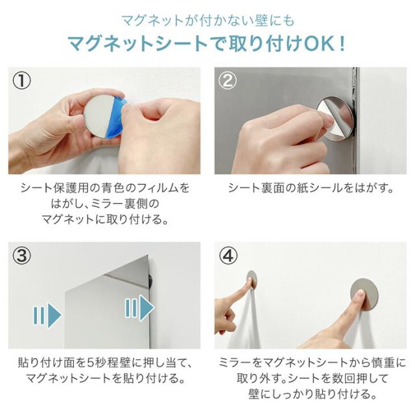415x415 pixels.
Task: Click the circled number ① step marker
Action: (x=21, y=80)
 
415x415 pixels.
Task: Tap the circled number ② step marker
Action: (x=228, y=80)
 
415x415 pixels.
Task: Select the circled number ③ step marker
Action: (x=21, y=255)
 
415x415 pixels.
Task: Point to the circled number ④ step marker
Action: (x=228, y=255)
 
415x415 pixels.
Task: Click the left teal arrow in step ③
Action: (x=47, y=315)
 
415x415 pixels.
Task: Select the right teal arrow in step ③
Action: (x=139, y=308)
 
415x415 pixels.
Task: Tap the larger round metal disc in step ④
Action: (x=364, y=294)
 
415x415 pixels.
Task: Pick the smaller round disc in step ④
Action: (x=252, y=279)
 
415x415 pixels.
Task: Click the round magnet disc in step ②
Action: (x=336, y=118)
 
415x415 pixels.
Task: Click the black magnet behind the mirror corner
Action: (x=151, y=281)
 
